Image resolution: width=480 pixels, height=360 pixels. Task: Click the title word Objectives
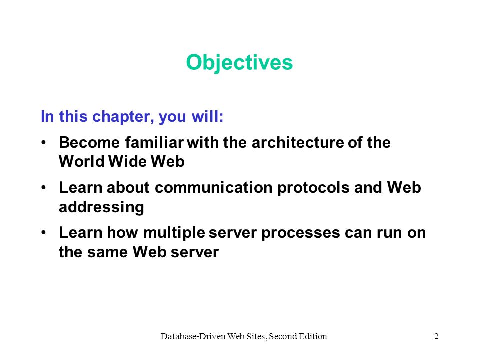pyautogui.click(x=239, y=63)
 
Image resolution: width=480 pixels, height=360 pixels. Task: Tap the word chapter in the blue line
pyautogui.click(x=121, y=117)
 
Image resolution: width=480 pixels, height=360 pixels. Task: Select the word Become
pyautogui.click(x=89, y=142)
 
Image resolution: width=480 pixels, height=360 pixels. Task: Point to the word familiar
pyautogui.click(x=154, y=142)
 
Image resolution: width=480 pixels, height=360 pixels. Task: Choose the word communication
pyautogui.click(x=213, y=187)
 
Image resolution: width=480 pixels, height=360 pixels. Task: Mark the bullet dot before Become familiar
pyautogui.click(x=44, y=142)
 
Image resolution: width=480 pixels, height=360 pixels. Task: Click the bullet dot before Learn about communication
pyautogui.click(x=44, y=187)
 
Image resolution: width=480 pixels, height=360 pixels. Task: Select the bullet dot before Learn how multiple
pyautogui.click(x=44, y=232)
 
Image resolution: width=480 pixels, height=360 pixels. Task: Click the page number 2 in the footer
pyautogui.click(x=436, y=336)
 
